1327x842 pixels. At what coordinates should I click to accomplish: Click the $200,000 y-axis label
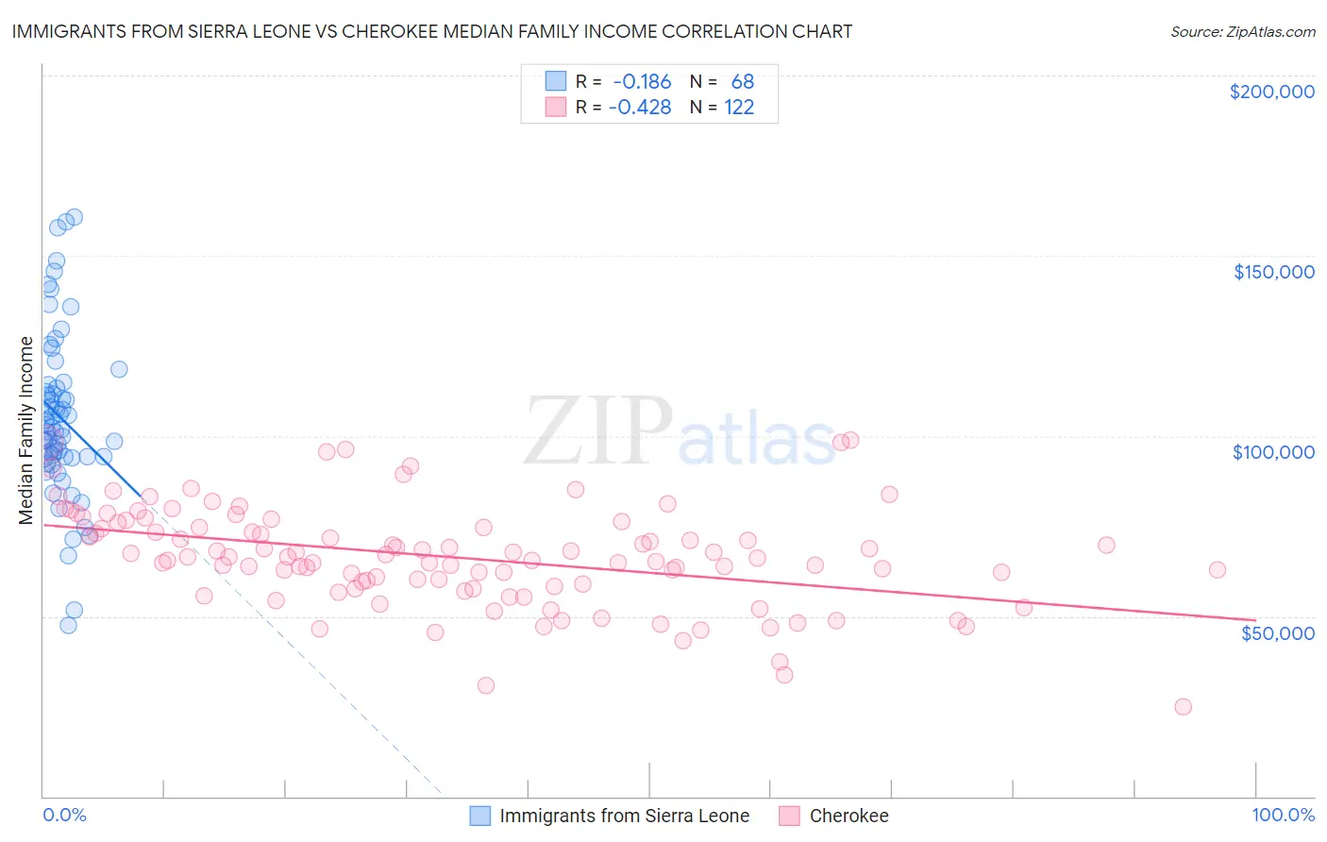click(1271, 92)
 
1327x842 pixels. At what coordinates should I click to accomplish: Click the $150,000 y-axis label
click(1273, 272)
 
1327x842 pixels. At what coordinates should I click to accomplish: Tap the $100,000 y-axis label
click(1273, 452)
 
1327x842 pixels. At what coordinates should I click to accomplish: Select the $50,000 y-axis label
click(1277, 632)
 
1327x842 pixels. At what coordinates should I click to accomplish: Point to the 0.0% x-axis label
click(64, 815)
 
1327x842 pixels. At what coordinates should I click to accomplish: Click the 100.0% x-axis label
click(1283, 815)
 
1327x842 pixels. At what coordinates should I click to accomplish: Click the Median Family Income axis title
click(25, 429)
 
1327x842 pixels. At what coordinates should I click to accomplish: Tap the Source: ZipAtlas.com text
click(1242, 31)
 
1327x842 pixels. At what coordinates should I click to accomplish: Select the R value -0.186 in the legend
click(641, 82)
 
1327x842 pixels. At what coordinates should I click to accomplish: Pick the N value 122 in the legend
click(739, 108)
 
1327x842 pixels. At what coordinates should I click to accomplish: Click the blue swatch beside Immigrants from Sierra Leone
click(480, 816)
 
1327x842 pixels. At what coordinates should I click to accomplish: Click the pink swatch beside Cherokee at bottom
click(790, 816)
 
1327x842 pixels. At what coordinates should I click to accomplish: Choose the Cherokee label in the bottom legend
click(848, 816)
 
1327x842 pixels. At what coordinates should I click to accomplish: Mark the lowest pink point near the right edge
click(1183, 707)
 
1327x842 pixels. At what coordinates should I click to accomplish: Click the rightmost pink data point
click(1217, 570)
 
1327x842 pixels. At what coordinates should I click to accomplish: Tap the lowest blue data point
click(68, 625)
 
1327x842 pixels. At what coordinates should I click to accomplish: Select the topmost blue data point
click(74, 217)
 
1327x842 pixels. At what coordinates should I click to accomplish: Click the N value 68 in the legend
click(742, 82)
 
